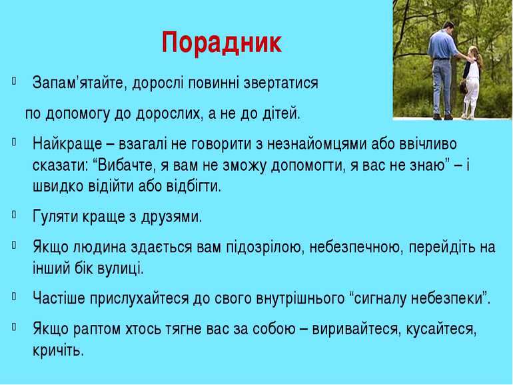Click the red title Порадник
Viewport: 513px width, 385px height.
coord(222,43)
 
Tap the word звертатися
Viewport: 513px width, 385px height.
coord(281,83)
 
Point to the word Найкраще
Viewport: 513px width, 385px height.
coord(67,145)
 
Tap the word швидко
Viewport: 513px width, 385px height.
coord(59,186)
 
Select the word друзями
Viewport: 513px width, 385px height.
coord(171,217)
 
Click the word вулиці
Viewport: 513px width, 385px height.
coord(121,269)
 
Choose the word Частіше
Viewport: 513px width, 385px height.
coord(59,298)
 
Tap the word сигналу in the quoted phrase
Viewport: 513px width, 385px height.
coord(380,299)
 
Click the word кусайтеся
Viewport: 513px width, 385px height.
coord(441,329)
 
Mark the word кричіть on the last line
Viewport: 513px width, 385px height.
coord(58,350)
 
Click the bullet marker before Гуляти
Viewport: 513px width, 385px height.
coord(14,215)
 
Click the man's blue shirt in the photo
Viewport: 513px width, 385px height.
coord(442,44)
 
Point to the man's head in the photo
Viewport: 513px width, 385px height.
coord(448,26)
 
